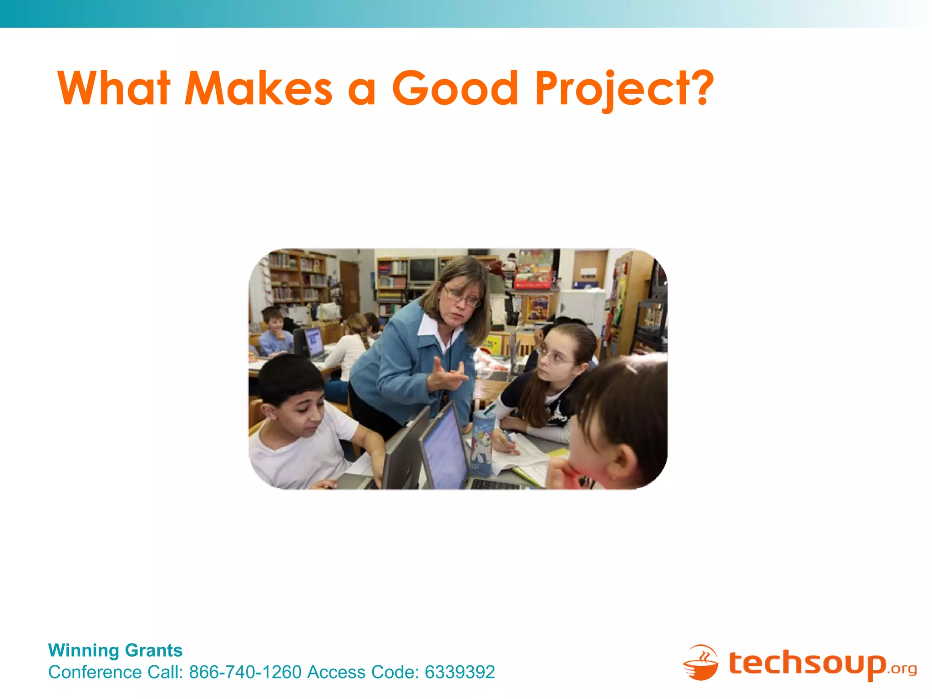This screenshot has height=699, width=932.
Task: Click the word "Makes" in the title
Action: tap(258, 88)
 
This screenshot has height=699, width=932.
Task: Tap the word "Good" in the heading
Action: tap(455, 88)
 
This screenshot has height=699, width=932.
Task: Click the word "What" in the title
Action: tap(114, 88)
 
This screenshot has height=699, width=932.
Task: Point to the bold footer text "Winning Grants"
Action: tap(115, 650)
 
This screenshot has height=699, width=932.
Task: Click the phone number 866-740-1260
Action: tap(245, 672)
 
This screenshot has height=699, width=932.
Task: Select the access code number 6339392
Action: tap(460, 672)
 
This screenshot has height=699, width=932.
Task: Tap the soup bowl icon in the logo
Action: tap(701, 664)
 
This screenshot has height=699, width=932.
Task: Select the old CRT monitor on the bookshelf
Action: tap(422, 270)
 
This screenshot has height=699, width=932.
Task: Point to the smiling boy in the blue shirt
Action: tap(274, 330)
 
